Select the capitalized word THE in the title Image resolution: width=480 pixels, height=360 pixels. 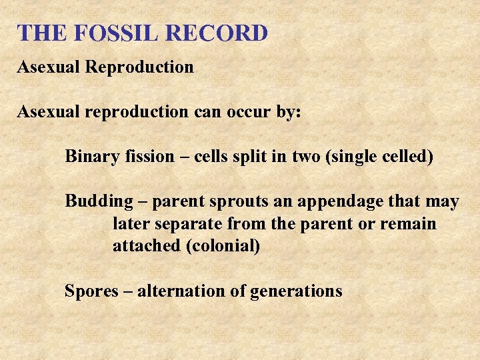coord(39,33)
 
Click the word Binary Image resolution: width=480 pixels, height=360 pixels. coord(90,157)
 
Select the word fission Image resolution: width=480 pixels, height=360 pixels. coord(145,157)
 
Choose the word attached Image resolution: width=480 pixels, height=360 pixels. coord(147,246)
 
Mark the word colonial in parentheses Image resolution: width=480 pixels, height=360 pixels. coord(224,246)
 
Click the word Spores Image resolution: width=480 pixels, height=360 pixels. coord(87,291)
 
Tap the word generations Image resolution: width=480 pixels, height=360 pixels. coord(296,291)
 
